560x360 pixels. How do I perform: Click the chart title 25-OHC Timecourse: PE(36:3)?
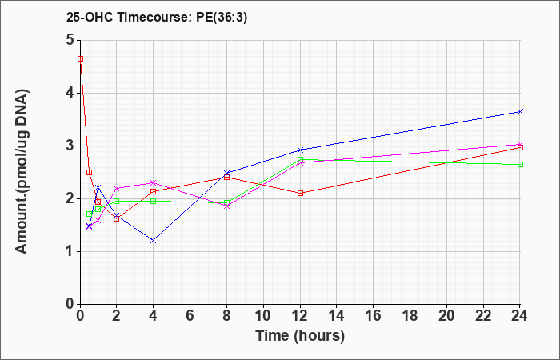click(157, 17)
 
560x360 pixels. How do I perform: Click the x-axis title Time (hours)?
click(300, 336)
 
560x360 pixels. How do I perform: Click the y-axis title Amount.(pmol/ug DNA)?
click(22, 171)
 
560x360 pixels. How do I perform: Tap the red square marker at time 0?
click(80, 59)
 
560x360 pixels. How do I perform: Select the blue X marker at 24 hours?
click(520, 112)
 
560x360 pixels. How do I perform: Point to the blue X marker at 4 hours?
click(154, 241)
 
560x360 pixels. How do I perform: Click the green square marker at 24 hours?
click(520, 164)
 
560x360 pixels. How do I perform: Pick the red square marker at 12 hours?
click(300, 194)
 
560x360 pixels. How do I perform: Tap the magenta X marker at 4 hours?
click(154, 183)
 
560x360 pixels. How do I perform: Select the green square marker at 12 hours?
click(300, 159)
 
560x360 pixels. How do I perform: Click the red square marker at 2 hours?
click(117, 219)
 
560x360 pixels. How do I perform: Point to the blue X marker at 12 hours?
click(300, 150)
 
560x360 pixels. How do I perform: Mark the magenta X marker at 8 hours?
click(226, 206)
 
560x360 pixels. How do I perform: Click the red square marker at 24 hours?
click(520, 147)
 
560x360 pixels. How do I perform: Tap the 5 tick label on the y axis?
click(70, 40)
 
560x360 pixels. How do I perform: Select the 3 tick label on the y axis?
click(70, 146)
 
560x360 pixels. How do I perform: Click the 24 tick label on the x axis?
click(519, 316)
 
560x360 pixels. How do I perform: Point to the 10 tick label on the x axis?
click(263, 316)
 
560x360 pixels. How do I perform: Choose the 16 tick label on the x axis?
click(373, 316)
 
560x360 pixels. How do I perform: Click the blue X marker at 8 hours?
click(226, 173)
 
